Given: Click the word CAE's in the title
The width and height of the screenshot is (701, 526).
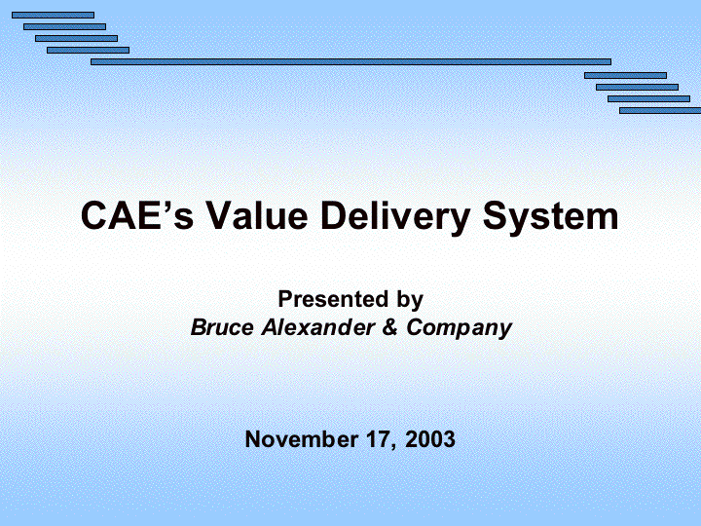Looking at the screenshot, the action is point(137,215).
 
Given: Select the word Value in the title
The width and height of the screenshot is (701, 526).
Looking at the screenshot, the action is point(257,215).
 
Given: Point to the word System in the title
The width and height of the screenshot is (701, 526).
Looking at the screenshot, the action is point(550,219).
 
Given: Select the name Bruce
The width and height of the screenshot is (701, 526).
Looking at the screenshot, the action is point(222,327).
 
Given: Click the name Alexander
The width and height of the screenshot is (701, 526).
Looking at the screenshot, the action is point(318,327).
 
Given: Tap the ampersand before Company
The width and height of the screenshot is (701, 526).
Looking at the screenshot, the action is point(389,327).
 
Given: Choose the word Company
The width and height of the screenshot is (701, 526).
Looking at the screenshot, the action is point(459,329).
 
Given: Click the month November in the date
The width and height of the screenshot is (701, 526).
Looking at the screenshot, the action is point(301,439).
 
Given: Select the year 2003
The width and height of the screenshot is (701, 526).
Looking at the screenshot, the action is point(430,439).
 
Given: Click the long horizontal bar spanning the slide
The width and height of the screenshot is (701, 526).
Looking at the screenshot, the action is point(350,61).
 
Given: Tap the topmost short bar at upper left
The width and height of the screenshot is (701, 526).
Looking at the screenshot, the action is point(53,16).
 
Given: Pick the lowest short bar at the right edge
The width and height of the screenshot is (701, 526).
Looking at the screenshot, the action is point(660,110).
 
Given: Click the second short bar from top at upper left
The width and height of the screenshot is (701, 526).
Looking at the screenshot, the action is point(64,27).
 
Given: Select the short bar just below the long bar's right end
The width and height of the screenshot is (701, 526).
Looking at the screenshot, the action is point(625,76).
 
